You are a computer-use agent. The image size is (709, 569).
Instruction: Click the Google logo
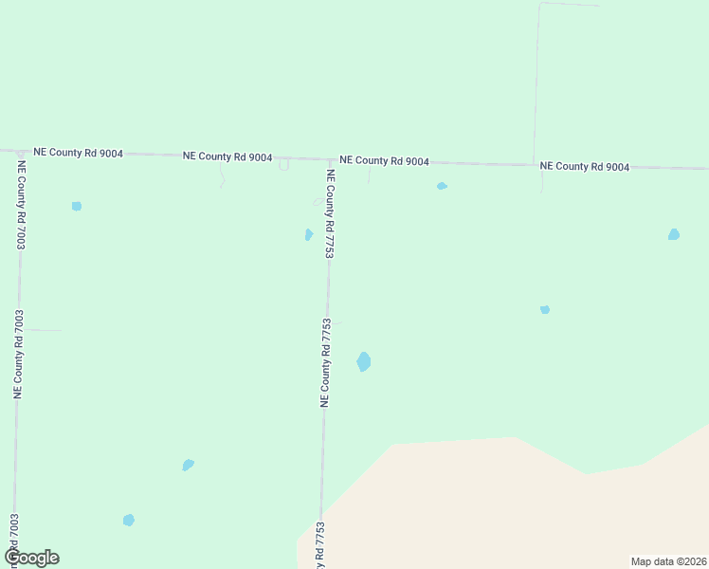click(x=31, y=558)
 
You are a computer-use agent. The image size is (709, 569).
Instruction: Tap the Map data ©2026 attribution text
click(x=667, y=560)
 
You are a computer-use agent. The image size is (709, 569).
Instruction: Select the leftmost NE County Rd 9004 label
click(x=78, y=152)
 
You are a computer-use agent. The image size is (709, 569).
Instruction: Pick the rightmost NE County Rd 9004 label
click(x=584, y=166)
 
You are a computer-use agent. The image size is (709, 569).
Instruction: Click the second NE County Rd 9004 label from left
click(x=227, y=156)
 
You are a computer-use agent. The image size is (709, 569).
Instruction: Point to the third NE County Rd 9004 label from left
click(x=384, y=161)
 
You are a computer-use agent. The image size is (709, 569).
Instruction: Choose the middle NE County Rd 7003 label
click(x=18, y=353)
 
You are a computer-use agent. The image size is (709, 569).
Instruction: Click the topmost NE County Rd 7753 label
click(x=330, y=214)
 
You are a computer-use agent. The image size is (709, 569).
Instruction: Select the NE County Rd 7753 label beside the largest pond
click(x=325, y=362)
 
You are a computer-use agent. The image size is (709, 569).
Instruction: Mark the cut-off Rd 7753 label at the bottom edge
click(x=319, y=544)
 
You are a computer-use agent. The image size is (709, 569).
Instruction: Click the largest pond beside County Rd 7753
click(x=363, y=361)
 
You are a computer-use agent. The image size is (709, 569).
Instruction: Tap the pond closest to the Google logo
click(x=128, y=520)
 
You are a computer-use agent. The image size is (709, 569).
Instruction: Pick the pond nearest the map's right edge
click(x=673, y=234)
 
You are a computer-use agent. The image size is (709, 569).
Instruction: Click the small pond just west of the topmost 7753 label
click(x=308, y=234)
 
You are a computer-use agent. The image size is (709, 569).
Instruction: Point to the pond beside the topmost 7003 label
click(x=76, y=206)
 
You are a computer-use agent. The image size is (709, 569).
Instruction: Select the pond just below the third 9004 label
click(x=442, y=186)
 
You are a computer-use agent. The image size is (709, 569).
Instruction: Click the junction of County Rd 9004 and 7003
click(x=19, y=151)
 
